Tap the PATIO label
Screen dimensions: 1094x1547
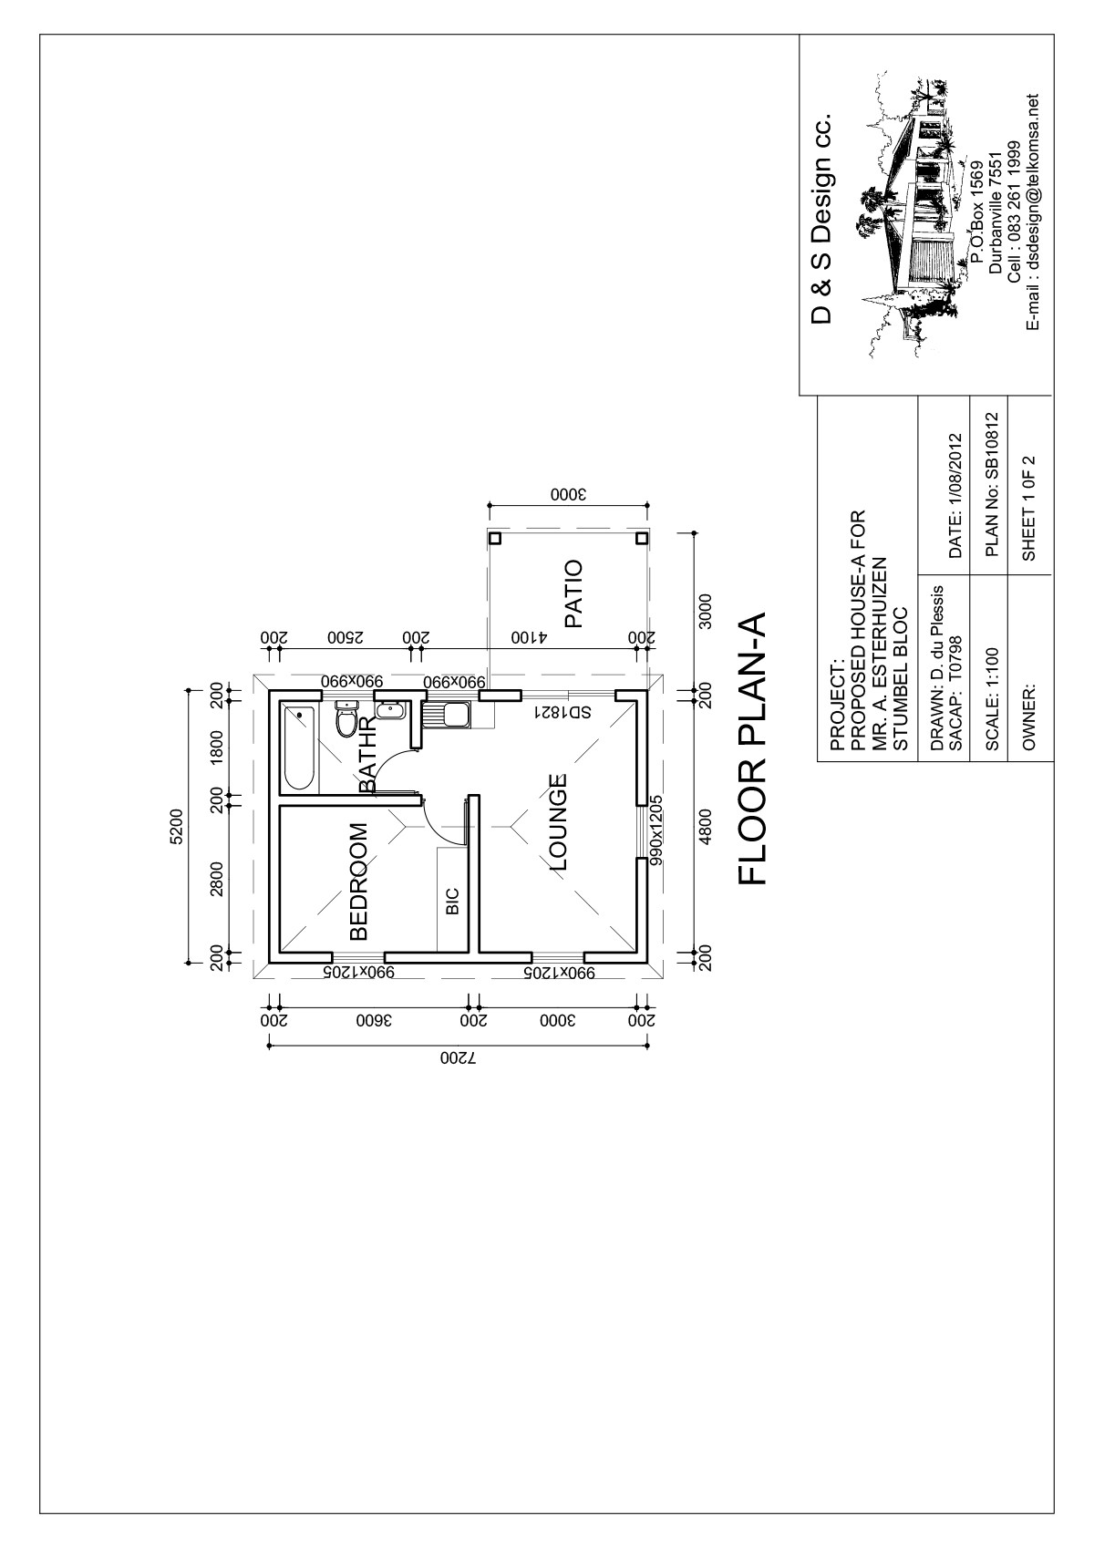574,593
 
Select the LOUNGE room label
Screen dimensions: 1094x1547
557,822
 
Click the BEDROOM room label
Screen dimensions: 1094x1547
359,882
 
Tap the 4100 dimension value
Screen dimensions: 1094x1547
529,636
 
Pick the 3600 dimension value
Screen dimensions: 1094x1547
374,1020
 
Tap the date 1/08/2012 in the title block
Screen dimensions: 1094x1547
955,495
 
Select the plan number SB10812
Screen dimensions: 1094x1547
992,485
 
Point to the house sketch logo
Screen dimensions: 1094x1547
913,214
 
